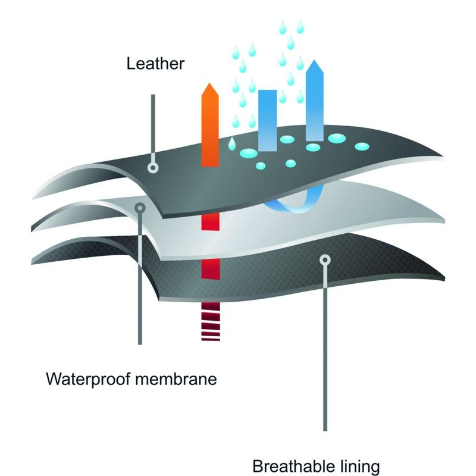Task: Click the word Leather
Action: point(155,64)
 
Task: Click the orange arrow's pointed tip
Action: point(210,86)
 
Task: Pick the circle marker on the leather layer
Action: point(154,168)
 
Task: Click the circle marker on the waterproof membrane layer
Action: point(140,208)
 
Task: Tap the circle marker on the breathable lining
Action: point(324,259)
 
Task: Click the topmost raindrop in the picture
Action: point(281,26)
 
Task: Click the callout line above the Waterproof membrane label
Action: point(140,286)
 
